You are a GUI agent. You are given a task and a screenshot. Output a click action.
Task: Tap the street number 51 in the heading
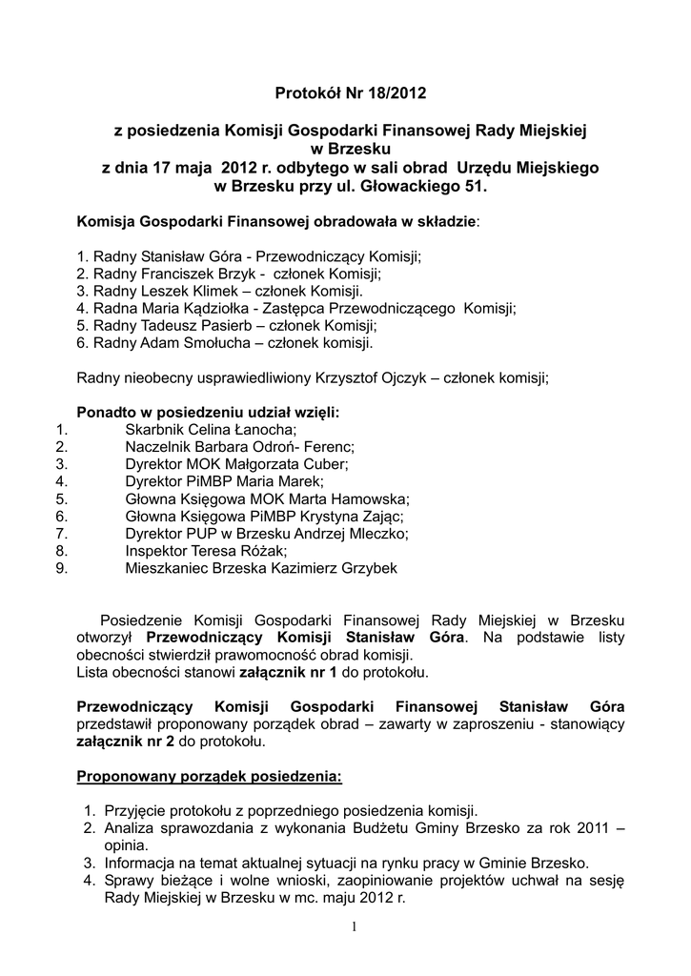click(476, 187)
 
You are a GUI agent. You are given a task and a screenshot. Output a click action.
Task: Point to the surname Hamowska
click(369, 498)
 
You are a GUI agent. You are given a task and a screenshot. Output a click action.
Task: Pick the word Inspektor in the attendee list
click(157, 550)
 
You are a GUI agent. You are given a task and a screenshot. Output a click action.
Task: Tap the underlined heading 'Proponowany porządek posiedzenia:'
click(209, 776)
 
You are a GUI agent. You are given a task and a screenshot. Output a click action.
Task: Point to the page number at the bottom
click(353, 927)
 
